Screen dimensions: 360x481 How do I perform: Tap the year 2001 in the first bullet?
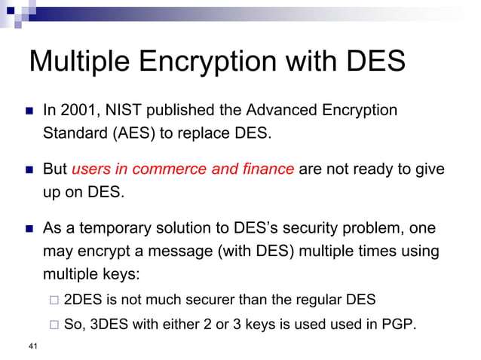[x=78, y=111]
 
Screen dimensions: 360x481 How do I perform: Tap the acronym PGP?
[x=394, y=325]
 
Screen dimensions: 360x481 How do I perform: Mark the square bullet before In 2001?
[x=29, y=111]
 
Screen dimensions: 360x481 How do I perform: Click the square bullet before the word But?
[x=29, y=169]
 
